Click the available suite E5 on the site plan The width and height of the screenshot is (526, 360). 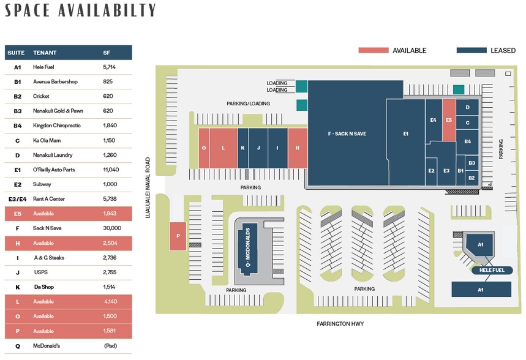coord(449,120)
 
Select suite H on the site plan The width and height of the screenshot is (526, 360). coord(298,148)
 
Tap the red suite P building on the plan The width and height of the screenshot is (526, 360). coord(178,236)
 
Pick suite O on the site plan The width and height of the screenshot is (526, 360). coord(204,148)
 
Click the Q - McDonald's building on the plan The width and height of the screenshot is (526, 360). coord(247,247)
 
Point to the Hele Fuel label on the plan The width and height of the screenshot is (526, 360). coord(492,270)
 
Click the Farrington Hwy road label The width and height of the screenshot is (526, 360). coord(340,324)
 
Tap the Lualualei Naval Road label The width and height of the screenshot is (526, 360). coord(148,188)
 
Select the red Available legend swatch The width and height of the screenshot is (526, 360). coord(374,50)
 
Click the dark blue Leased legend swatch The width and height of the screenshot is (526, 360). coord(472,50)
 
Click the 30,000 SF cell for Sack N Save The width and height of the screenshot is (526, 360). coord(112,228)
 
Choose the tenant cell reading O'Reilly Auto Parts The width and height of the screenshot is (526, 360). coord(54,170)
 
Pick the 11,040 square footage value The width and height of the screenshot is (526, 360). coord(111,170)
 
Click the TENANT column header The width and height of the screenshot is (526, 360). coord(45,53)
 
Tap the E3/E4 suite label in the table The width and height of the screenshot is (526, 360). coord(17,199)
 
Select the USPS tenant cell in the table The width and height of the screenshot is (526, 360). coord(41,272)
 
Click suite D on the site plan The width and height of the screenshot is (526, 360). coord(467,107)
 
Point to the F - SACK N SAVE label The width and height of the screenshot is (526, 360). coord(347,133)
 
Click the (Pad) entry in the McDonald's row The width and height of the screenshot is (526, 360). coord(110,346)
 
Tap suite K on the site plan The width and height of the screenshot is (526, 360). coord(243,148)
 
